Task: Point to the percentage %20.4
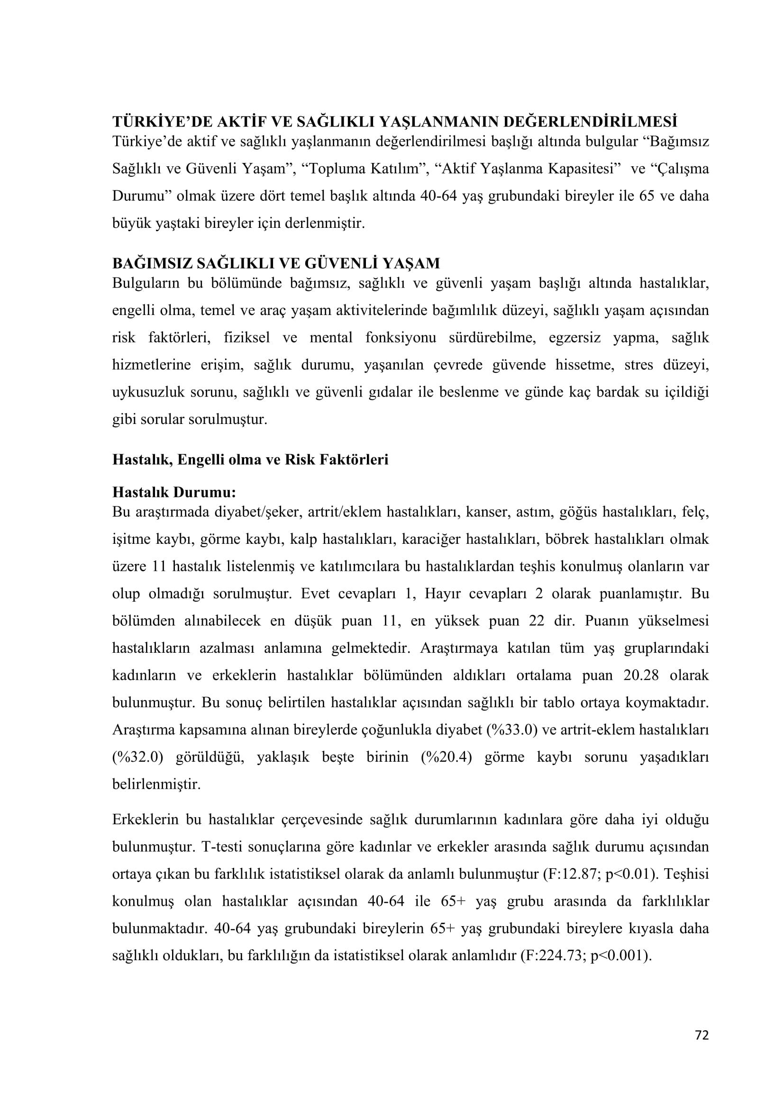pyautogui.click(x=446, y=757)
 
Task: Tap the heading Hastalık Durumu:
pyautogui.click(x=174, y=493)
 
